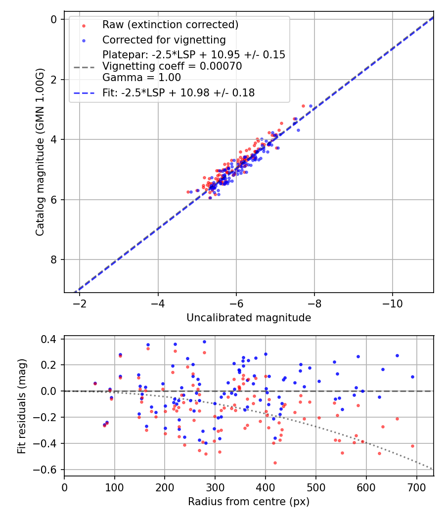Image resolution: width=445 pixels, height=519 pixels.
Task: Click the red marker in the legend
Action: click(x=84, y=25)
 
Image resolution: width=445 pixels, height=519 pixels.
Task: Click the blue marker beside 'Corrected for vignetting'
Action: click(x=84, y=40)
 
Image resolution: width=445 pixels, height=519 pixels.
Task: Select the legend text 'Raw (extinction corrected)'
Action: click(x=170, y=25)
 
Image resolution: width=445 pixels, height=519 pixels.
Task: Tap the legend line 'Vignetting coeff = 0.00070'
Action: click(x=172, y=66)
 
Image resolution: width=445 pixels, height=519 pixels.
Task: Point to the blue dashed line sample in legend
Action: click(x=84, y=92)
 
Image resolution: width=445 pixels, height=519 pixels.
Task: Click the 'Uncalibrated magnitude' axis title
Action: click(x=249, y=318)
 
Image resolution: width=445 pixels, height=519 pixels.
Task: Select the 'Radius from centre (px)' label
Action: click(x=249, y=502)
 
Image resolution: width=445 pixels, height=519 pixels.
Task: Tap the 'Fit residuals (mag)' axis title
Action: click(x=21, y=406)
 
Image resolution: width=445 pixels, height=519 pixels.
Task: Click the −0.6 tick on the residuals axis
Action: click(x=49, y=470)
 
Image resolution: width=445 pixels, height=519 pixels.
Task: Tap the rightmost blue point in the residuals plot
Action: click(x=412, y=377)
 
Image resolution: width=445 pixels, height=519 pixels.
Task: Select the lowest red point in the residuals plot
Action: click(x=275, y=463)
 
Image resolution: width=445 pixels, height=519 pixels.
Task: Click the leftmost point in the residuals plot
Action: click(x=95, y=383)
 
